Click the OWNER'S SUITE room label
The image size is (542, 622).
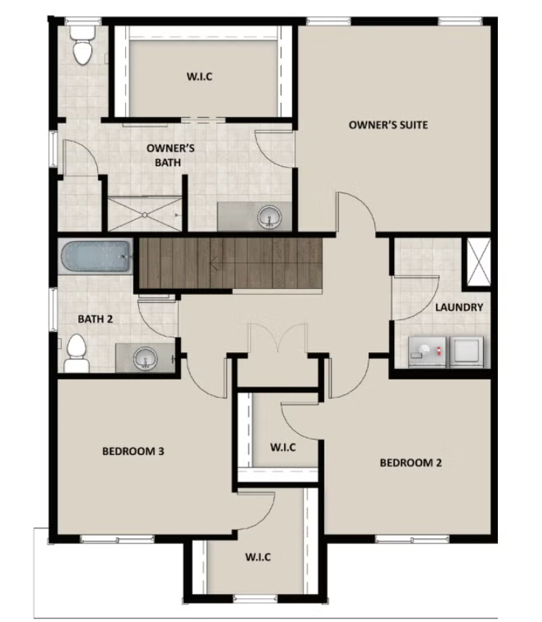388,125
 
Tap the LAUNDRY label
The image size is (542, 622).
459,307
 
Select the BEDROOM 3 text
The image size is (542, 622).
133,451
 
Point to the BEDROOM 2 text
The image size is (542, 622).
410,462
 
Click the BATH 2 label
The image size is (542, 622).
95,319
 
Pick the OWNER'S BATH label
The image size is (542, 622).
170,155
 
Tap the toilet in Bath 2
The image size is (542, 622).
76,353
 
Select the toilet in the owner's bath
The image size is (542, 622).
82,45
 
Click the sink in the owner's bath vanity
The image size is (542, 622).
270,217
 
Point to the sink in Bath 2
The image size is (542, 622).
146,358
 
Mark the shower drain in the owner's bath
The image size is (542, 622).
145,215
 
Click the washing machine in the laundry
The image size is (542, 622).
428,352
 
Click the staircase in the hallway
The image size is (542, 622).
229,263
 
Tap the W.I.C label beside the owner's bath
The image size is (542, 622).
199,76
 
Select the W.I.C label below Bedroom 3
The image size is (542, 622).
258,557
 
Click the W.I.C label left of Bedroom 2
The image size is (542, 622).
283,448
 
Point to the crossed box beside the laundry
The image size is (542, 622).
479,262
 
